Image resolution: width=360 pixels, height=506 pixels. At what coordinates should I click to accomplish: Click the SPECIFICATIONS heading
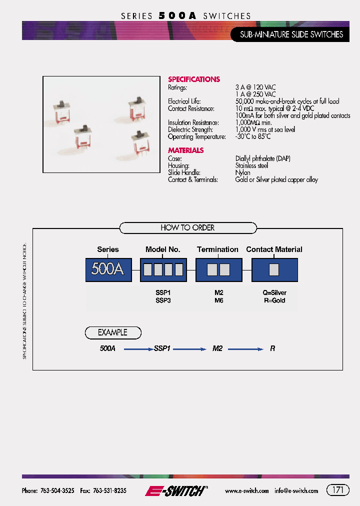click(x=193, y=79)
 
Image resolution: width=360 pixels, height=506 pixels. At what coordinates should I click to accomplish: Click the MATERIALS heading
click(x=185, y=150)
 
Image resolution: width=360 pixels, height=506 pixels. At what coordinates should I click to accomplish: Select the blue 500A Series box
click(x=108, y=270)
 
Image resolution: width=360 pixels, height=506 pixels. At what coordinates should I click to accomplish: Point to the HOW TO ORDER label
click(x=187, y=228)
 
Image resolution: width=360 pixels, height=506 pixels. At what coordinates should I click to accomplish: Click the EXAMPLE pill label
click(x=112, y=332)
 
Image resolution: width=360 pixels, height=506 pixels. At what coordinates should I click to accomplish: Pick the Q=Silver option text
click(x=274, y=293)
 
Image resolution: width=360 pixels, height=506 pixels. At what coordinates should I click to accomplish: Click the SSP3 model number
click(x=163, y=300)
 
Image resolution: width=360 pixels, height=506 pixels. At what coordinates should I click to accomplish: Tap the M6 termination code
click(x=218, y=300)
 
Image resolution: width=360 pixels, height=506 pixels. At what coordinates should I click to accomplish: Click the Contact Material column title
click(x=274, y=249)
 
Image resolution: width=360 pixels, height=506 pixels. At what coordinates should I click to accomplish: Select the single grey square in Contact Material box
click(x=274, y=270)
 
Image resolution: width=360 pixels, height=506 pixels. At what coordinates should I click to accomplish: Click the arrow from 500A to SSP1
click(x=138, y=348)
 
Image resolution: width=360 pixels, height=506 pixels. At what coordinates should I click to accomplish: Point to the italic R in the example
click(x=272, y=348)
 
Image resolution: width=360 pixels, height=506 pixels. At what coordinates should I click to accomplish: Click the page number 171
click(x=338, y=490)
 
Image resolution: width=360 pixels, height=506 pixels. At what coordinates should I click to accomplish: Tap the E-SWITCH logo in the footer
click(x=175, y=491)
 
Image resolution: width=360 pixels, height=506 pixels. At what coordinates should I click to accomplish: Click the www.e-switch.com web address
click(x=246, y=491)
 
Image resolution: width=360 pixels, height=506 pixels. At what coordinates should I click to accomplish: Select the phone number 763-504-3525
click(x=56, y=491)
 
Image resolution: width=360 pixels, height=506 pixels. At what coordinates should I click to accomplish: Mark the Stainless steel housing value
click(x=251, y=165)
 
